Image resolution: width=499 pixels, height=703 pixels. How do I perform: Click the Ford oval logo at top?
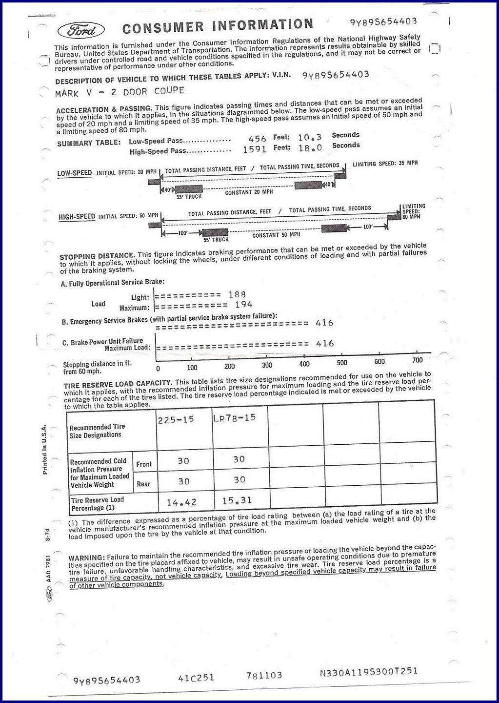pyautogui.click(x=81, y=30)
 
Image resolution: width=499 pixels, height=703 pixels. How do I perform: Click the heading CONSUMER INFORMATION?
pyautogui.click(x=218, y=26)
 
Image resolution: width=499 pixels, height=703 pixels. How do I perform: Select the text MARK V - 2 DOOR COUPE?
pyautogui.click(x=120, y=91)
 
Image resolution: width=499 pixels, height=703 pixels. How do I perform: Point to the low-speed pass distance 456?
pyautogui.click(x=257, y=139)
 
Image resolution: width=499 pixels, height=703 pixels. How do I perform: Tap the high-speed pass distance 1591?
pyautogui.click(x=255, y=149)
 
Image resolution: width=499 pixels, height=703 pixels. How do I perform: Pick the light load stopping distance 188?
pyautogui.click(x=237, y=294)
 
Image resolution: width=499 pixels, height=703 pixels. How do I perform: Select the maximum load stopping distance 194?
pyautogui.click(x=243, y=305)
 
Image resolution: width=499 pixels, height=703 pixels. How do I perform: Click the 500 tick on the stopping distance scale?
pyautogui.click(x=342, y=363)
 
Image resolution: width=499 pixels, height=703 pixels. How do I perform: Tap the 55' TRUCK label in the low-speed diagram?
pyautogui.click(x=189, y=197)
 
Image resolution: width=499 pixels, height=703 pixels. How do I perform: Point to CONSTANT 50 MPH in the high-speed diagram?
pyautogui.click(x=273, y=235)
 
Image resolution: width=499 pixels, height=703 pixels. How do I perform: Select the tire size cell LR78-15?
pyautogui.click(x=235, y=418)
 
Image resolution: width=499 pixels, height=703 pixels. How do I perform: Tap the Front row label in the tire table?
pyautogui.click(x=144, y=464)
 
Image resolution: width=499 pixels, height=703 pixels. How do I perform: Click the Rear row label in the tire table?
pyautogui.click(x=143, y=484)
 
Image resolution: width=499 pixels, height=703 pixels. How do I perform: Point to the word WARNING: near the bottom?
pyautogui.click(x=86, y=558)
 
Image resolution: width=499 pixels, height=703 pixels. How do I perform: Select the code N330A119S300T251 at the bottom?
pyautogui.click(x=368, y=671)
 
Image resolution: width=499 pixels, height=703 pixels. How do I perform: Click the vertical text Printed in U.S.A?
pyautogui.click(x=44, y=449)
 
